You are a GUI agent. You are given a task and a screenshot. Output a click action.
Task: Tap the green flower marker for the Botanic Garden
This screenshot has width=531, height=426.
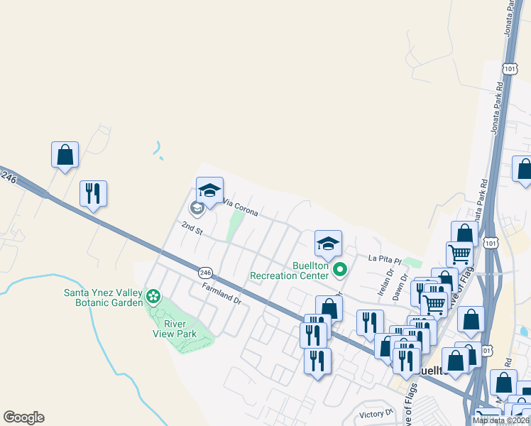point(153,295)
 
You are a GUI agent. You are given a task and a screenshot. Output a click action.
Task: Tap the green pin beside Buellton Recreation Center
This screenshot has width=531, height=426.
point(340,269)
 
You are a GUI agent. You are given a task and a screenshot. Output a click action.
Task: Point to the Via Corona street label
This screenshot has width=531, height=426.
point(240,207)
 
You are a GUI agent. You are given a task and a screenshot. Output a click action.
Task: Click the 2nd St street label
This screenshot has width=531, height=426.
point(192,228)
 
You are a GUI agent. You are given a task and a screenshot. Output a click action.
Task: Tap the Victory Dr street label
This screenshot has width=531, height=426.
point(376,413)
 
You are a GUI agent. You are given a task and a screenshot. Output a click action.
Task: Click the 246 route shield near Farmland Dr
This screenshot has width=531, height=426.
point(205,272)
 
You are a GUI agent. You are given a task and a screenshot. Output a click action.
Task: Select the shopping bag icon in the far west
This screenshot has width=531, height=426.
point(65,155)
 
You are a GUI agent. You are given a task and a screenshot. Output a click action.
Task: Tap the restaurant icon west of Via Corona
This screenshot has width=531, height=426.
point(93,193)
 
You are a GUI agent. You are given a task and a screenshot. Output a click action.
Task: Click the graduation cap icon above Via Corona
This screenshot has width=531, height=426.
point(209,190)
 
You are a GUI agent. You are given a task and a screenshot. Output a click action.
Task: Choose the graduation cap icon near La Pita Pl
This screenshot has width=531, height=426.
point(328,244)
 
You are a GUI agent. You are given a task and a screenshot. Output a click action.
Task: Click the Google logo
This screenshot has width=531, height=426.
point(23,417)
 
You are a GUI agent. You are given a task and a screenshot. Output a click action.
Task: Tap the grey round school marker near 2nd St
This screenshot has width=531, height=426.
point(197,208)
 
